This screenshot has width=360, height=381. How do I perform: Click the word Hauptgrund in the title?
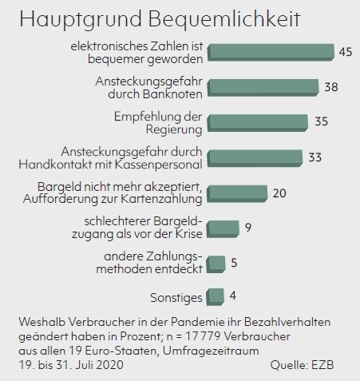click(80, 20)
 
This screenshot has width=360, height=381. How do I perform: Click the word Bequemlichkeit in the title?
click(224, 18)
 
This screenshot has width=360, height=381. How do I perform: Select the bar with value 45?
click(271, 53)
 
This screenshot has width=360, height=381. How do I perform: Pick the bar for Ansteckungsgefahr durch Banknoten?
click(263, 88)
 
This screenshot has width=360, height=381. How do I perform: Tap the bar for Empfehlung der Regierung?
click(258, 123)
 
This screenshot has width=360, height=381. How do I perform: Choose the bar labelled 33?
click(255, 158)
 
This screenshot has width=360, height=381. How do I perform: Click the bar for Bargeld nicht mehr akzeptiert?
click(237, 193)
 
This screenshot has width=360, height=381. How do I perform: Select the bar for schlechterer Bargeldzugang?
click(223, 229)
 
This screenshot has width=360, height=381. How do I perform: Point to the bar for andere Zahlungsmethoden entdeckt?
click(216, 264)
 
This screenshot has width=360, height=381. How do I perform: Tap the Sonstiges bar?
click(216, 297)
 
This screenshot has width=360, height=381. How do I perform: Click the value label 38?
click(331, 87)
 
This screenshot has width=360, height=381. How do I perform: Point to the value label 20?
click(279, 193)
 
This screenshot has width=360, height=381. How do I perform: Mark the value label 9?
click(248, 228)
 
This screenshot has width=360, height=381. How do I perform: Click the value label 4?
click(233, 296)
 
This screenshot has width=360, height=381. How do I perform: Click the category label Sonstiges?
click(176, 298)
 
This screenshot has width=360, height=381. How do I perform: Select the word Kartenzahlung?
click(161, 199)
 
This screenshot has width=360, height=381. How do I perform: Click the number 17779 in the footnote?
click(203, 336)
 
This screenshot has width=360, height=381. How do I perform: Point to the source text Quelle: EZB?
click(302, 365)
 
